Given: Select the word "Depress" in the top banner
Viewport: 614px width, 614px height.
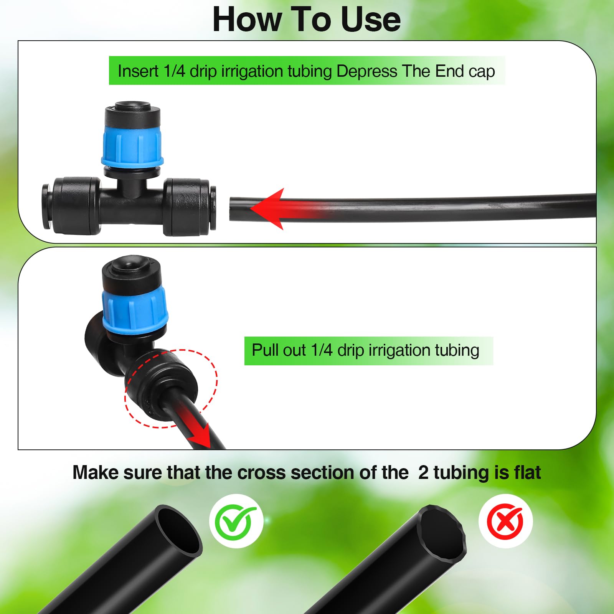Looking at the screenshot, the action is click(x=366, y=72).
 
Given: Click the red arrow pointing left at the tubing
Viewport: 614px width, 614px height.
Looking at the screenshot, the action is click(x=292, y=209).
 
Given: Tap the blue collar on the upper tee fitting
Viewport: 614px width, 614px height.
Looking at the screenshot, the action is click(x=132, y=146).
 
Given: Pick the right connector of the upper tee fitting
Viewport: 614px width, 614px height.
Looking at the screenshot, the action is click(x=189, y=206).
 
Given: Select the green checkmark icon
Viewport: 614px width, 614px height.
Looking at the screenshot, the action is click(x=235, y=521).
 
